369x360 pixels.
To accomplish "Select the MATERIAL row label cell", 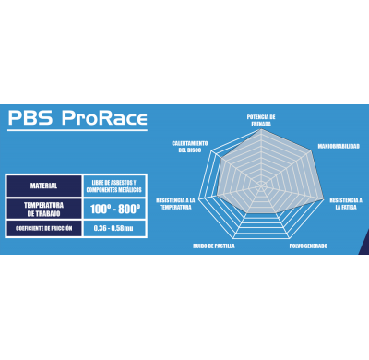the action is click(43, 185).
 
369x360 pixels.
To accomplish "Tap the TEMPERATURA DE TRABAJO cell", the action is click(43, 208).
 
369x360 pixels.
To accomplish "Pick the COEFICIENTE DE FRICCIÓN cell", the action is click(43, 227).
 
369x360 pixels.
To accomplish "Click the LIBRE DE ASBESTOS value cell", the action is click(113, 185).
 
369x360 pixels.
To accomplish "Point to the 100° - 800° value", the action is click(113, 209).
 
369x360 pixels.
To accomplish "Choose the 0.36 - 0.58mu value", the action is click(113, 227).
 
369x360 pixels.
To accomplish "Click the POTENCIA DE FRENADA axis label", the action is click(261, 119).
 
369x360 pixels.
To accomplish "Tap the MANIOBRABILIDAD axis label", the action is click(338, 146).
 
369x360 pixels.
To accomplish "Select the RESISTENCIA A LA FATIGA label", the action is click(346, 202).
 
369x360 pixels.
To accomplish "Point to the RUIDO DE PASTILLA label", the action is click(213, 246).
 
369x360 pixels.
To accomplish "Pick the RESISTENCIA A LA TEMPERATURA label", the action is click(175, 202).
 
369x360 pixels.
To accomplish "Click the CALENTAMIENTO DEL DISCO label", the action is click(189, 146).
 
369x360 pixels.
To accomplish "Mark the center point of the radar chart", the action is click(261, 186).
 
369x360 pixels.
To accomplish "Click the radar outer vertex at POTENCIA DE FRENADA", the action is click(261, 129).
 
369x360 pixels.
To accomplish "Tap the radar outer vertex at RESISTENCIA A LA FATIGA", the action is click(325, 200).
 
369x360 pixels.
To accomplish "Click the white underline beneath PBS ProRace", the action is click(77, 131).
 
